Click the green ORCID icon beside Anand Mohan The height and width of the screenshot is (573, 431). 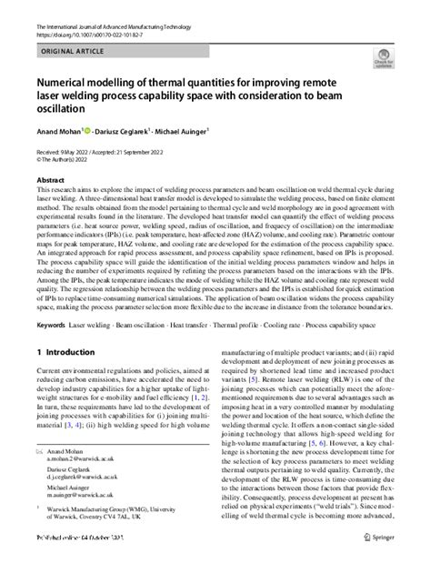click(x=87, y=130)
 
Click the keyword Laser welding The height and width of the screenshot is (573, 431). click(x=94, y=325)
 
